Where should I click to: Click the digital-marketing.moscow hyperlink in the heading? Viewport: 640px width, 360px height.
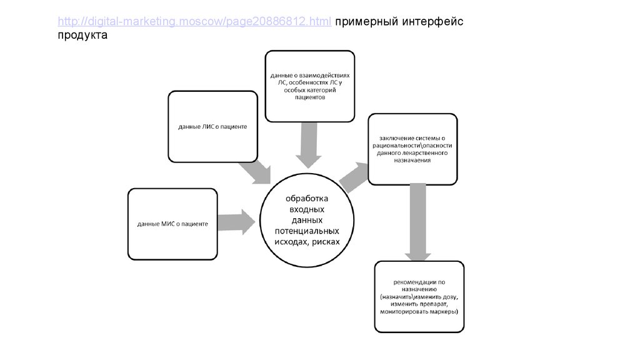pyautogui.click(x=194, y=22)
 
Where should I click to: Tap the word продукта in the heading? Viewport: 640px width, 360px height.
pyautogui.click(x=82, y=35)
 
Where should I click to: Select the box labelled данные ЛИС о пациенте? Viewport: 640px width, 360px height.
pyautogui.click(x=212, y=126)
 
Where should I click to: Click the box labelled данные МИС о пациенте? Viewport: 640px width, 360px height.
pyautogui.click(x=172, y=223)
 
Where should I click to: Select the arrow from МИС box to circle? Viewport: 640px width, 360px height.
pyautogui.click(x=236, y=221)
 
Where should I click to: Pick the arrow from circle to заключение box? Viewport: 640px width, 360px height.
pyautogui.click(x=354, y=176)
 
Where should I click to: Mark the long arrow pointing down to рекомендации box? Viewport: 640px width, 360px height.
pyautogui.click(x=415, y=222)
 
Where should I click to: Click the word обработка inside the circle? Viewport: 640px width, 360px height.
pyautogui.click(x=307, y=199)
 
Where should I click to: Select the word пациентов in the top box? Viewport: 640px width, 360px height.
pyautogui.click(x=310, y=97)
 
